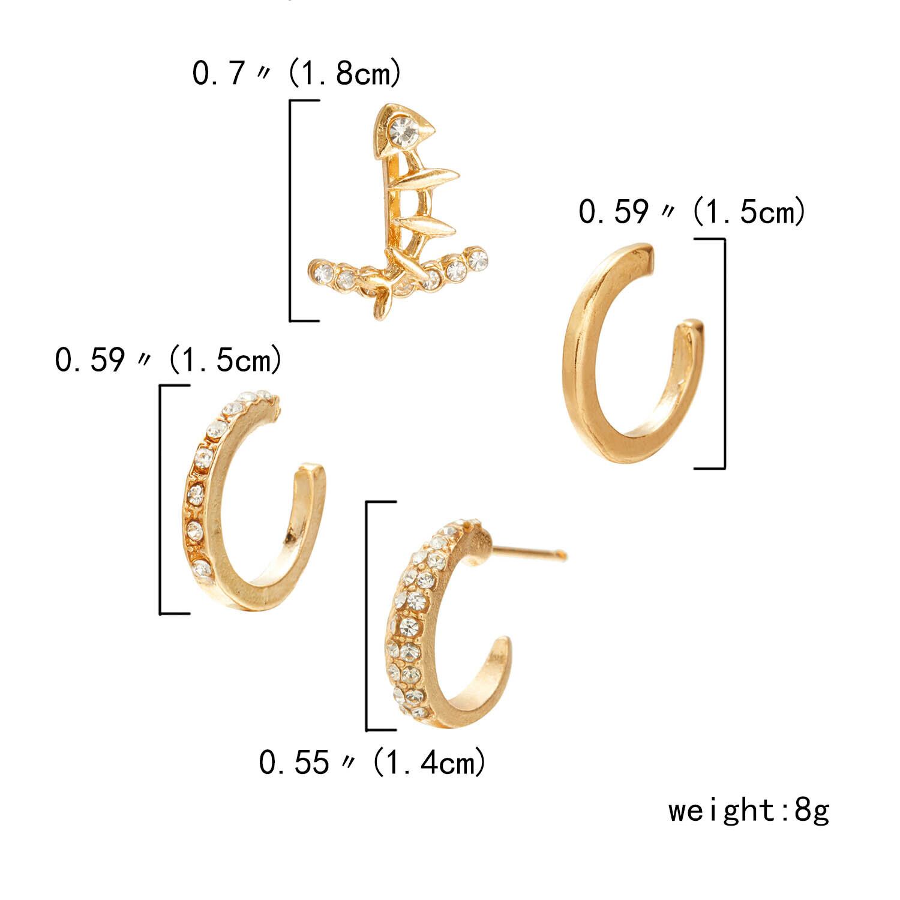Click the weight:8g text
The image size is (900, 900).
point(749,811)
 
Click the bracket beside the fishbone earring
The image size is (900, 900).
point(292,210)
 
